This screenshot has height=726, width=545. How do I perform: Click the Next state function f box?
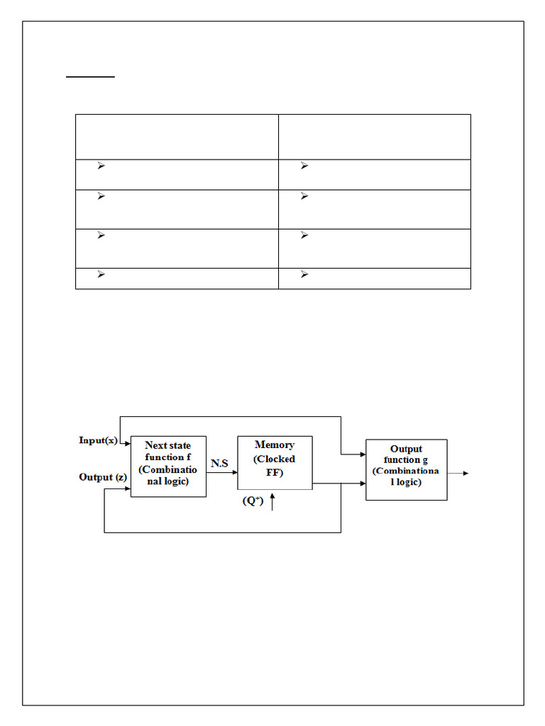pos(168,466)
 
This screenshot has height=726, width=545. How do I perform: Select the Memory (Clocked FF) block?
pos(275,462)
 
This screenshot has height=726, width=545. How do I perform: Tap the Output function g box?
pos(406,469)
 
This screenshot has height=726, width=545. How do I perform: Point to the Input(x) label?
pos(98,440)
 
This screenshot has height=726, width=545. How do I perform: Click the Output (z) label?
pos(103,477)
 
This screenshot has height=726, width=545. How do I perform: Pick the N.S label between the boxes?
pos(219,463)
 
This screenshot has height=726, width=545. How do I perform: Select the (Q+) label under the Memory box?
pos(253,501)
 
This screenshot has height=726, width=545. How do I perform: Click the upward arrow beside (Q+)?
pos(272,503)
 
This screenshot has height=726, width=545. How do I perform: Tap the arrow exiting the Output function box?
pos(458,473)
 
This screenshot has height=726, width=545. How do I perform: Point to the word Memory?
pos(275,445)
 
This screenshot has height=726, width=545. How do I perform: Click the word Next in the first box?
pos(155,445)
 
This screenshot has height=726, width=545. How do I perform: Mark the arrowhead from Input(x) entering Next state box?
pos(127,445)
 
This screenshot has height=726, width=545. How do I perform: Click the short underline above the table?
pos(90,75)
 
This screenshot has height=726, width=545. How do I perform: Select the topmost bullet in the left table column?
pos(101,166)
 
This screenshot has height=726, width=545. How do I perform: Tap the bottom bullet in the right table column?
pos(304,274)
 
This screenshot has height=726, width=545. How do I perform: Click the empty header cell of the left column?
pos(177,137)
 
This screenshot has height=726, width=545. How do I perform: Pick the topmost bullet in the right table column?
pos(304,166)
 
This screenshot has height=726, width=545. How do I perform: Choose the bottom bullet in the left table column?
pos(101,274)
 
